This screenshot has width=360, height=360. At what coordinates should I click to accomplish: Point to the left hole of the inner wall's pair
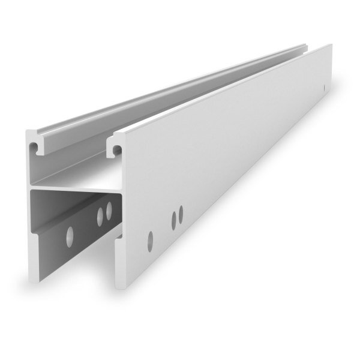click(100, 217)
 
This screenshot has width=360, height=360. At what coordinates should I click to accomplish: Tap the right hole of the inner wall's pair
click(109, 211)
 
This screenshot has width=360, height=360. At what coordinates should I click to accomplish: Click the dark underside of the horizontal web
click(72, 194)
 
